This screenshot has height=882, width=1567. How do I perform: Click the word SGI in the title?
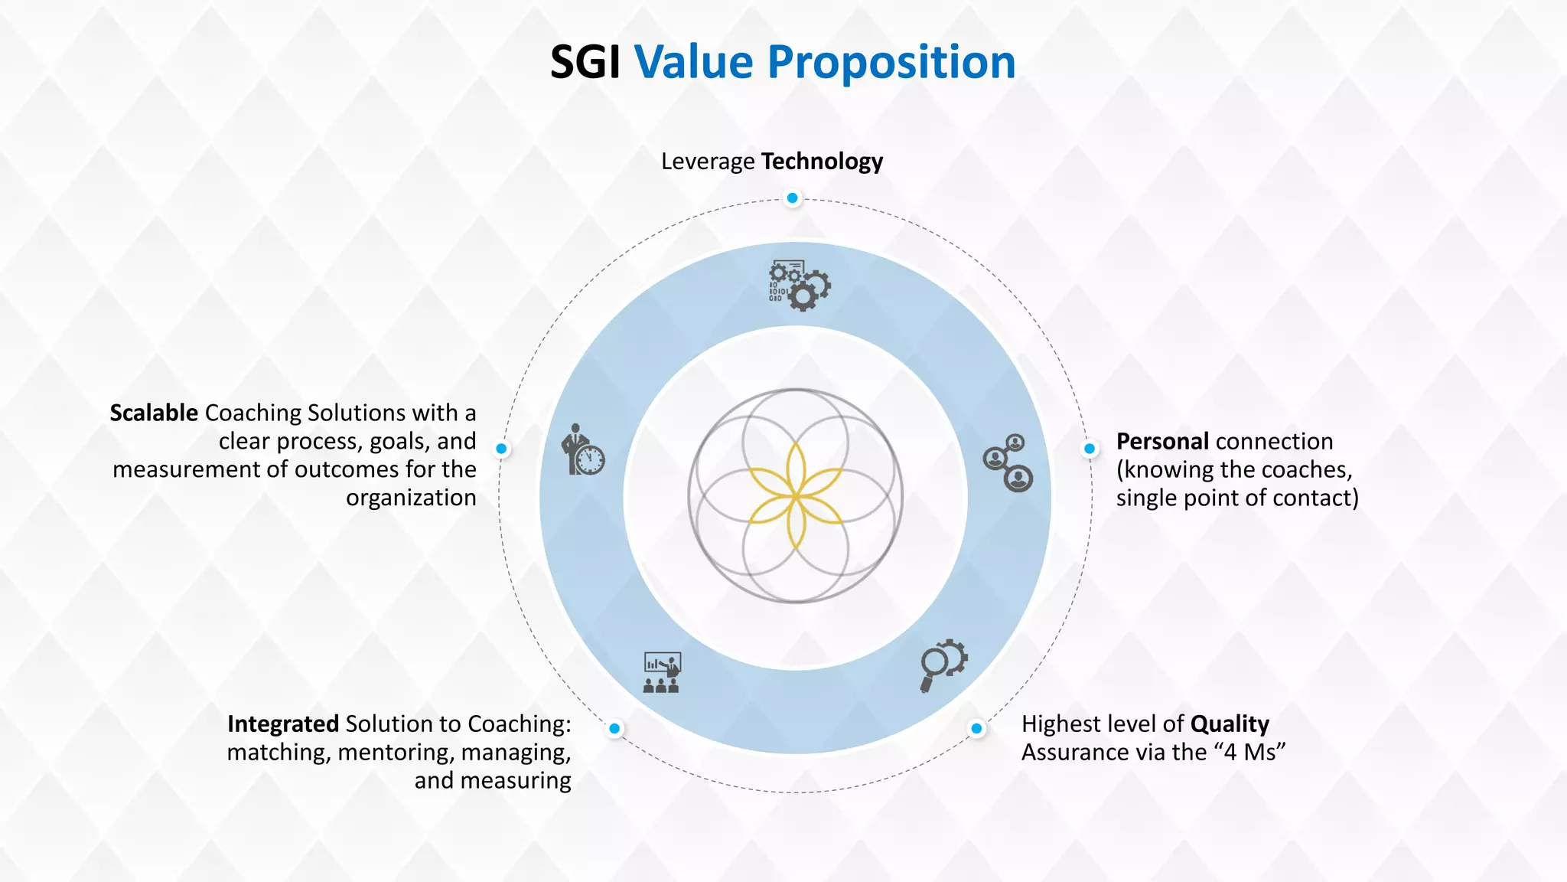pyautogui.click(x=585, y=63)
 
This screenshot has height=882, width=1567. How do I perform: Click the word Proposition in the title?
pyautogui.click(x=891, y=63)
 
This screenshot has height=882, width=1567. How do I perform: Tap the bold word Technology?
pyautogui.click(x=822, y=162)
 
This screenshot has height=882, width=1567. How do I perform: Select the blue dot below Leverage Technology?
pyautogui.click(x=793, y=198)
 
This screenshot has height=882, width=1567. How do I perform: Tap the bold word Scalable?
pyautogui.click(x=154, y=413)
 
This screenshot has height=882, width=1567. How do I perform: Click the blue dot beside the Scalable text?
pyautogui.click(x=501, y=449)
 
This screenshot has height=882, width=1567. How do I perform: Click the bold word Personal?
pyautogui.click(x=1162, y=442)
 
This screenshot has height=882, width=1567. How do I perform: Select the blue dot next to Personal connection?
pyautogui.click(x=1090, y=449)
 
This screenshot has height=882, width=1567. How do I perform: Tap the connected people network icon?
pyautogui.click(x=1008, y=462)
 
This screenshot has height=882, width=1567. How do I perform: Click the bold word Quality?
pyautogui.click(x=1229, y=724)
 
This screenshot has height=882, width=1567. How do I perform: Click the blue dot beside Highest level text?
pyautogui.click(x=976, y=728)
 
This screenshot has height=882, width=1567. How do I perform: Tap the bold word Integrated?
pyautogui.click(x=282, y=724)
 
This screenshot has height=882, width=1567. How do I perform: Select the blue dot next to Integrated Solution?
pyautogui.click(x=614, y=728)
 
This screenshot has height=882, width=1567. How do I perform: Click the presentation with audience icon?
pyautogui.click(x=662, y=672)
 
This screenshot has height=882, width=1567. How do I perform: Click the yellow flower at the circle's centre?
pyautogui.click(x=796, y=496)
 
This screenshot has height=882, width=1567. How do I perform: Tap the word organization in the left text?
pyautogui.click(x=411, y=498)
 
